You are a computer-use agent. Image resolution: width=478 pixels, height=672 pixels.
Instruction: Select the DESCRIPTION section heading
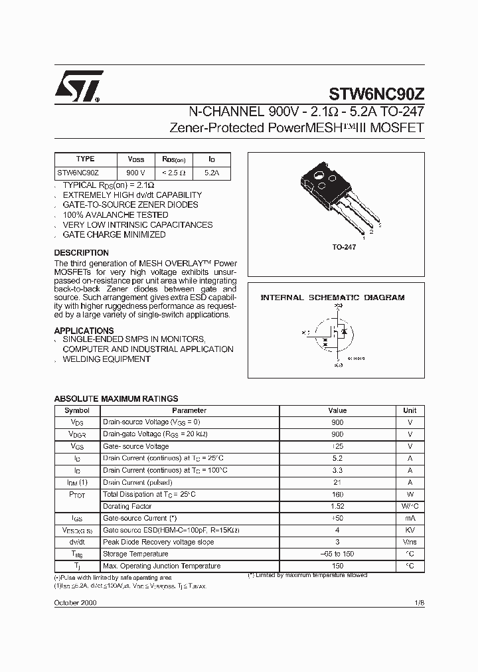click(81, 253)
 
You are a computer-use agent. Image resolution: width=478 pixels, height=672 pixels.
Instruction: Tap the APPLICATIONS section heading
click(84, 331)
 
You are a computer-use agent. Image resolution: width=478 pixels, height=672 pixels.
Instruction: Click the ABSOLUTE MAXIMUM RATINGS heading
click(116, 399)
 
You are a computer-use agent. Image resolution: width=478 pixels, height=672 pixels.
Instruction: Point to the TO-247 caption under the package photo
click(344, 247)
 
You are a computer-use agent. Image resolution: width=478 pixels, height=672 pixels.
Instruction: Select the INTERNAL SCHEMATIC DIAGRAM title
click(332, 298)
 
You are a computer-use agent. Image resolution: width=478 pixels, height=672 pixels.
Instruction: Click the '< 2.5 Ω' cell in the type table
click(174, 173)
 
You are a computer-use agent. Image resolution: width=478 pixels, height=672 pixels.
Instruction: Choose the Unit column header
click(410, 411)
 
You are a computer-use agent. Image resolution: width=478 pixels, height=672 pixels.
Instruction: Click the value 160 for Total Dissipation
click(337, 495)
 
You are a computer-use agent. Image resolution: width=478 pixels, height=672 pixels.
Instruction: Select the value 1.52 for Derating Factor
click(337, 507)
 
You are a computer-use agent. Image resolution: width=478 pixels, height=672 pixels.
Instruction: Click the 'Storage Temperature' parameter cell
click(135, 554)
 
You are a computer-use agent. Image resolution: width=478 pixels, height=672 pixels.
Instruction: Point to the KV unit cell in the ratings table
click(410, 531)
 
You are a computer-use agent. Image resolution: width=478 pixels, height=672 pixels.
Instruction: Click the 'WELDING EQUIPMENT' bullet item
click(106, 359)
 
